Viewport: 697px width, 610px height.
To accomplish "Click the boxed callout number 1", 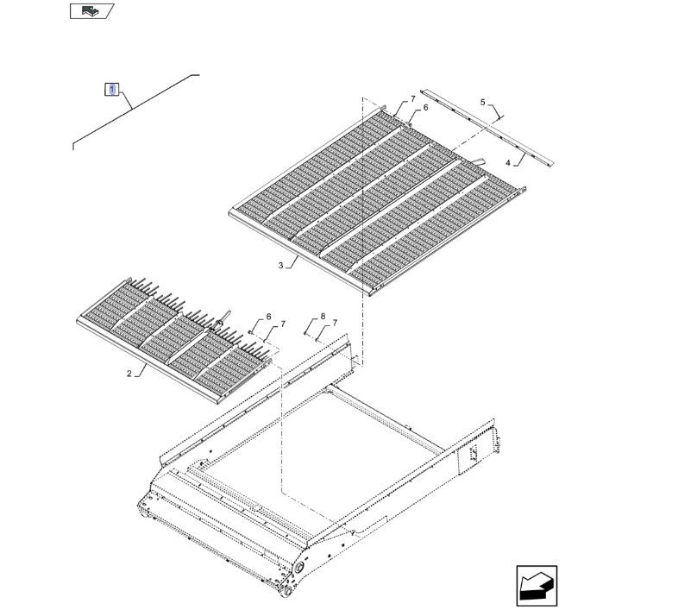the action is pyautogui.click(x=112, y=90).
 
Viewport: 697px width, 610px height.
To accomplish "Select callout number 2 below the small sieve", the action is pyautogui.click(x=129, y=374).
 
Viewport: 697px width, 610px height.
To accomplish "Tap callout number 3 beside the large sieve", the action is pyautogui.click(x=280, y=266).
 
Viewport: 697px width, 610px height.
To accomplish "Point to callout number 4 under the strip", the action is pyautogui.click(x=507, y=163).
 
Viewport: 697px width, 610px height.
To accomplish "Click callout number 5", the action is pyautogui.click(x=483, y=103).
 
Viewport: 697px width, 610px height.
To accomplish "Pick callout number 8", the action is pyautogui.click(x=323, y=316).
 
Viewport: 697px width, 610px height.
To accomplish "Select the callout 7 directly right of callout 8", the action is pyautogui.click(x=335, y=323).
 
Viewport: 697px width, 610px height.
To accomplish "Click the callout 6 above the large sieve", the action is pyautogui.click(x=425, y=107).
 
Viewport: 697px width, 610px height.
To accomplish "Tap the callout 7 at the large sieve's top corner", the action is pyautogui.click(x=413, y=98).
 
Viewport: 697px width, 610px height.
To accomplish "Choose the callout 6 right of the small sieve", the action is pyautogui.click(x=268, y=317).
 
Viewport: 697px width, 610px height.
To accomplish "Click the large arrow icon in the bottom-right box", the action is pyautogui.click(x=537, y=586).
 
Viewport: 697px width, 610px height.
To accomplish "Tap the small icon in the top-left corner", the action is pyautogui.click(x=91, y=11).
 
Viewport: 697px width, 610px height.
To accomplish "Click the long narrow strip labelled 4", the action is pyautogui.click(x=487, y=128).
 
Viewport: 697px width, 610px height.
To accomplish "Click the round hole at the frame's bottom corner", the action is pyautogui.click(x=298, y=568).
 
